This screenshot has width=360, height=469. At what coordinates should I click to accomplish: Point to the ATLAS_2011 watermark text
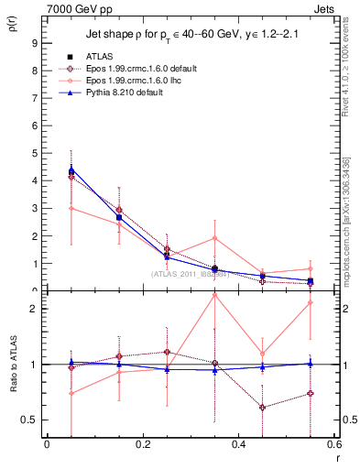pos(190,274)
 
